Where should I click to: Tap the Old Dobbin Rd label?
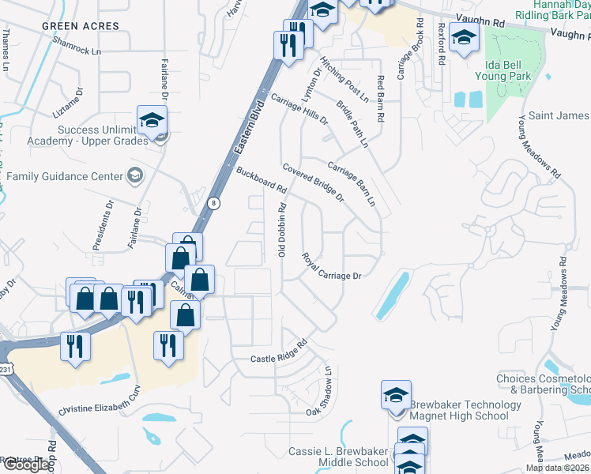coord(280,229)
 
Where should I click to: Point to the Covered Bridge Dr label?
coord(314,182)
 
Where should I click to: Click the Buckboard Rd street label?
coord(261,180)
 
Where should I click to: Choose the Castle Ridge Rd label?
coord(278,354)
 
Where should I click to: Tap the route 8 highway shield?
coord(214,203)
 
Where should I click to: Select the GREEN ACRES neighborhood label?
coord(81,26)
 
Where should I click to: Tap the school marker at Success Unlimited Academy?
coord(152,121)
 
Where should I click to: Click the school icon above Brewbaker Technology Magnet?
coord(396,395)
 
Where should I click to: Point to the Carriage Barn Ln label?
coord(352,183)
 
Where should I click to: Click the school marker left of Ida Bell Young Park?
coord(464,36)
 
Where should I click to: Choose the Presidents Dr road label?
coord(104,225)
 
